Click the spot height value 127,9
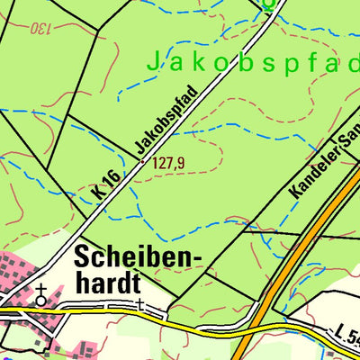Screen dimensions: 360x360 click(168, 163)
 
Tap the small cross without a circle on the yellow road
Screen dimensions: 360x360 click(141, 305)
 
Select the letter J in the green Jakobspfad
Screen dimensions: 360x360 click(152, 62)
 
